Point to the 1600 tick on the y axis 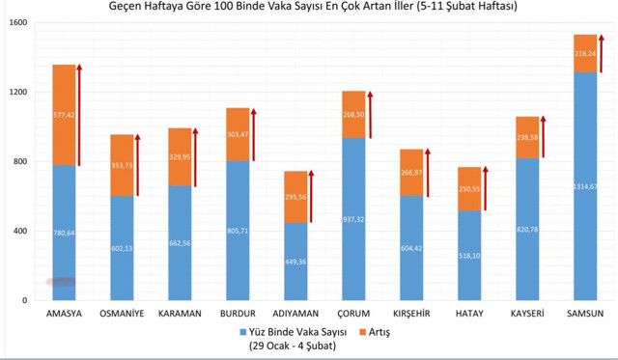(x=17, y=22)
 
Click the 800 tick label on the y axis (x=20, y=161)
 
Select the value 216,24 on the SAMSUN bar (x=585, y=54)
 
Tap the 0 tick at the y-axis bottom (x=25, y=300)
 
